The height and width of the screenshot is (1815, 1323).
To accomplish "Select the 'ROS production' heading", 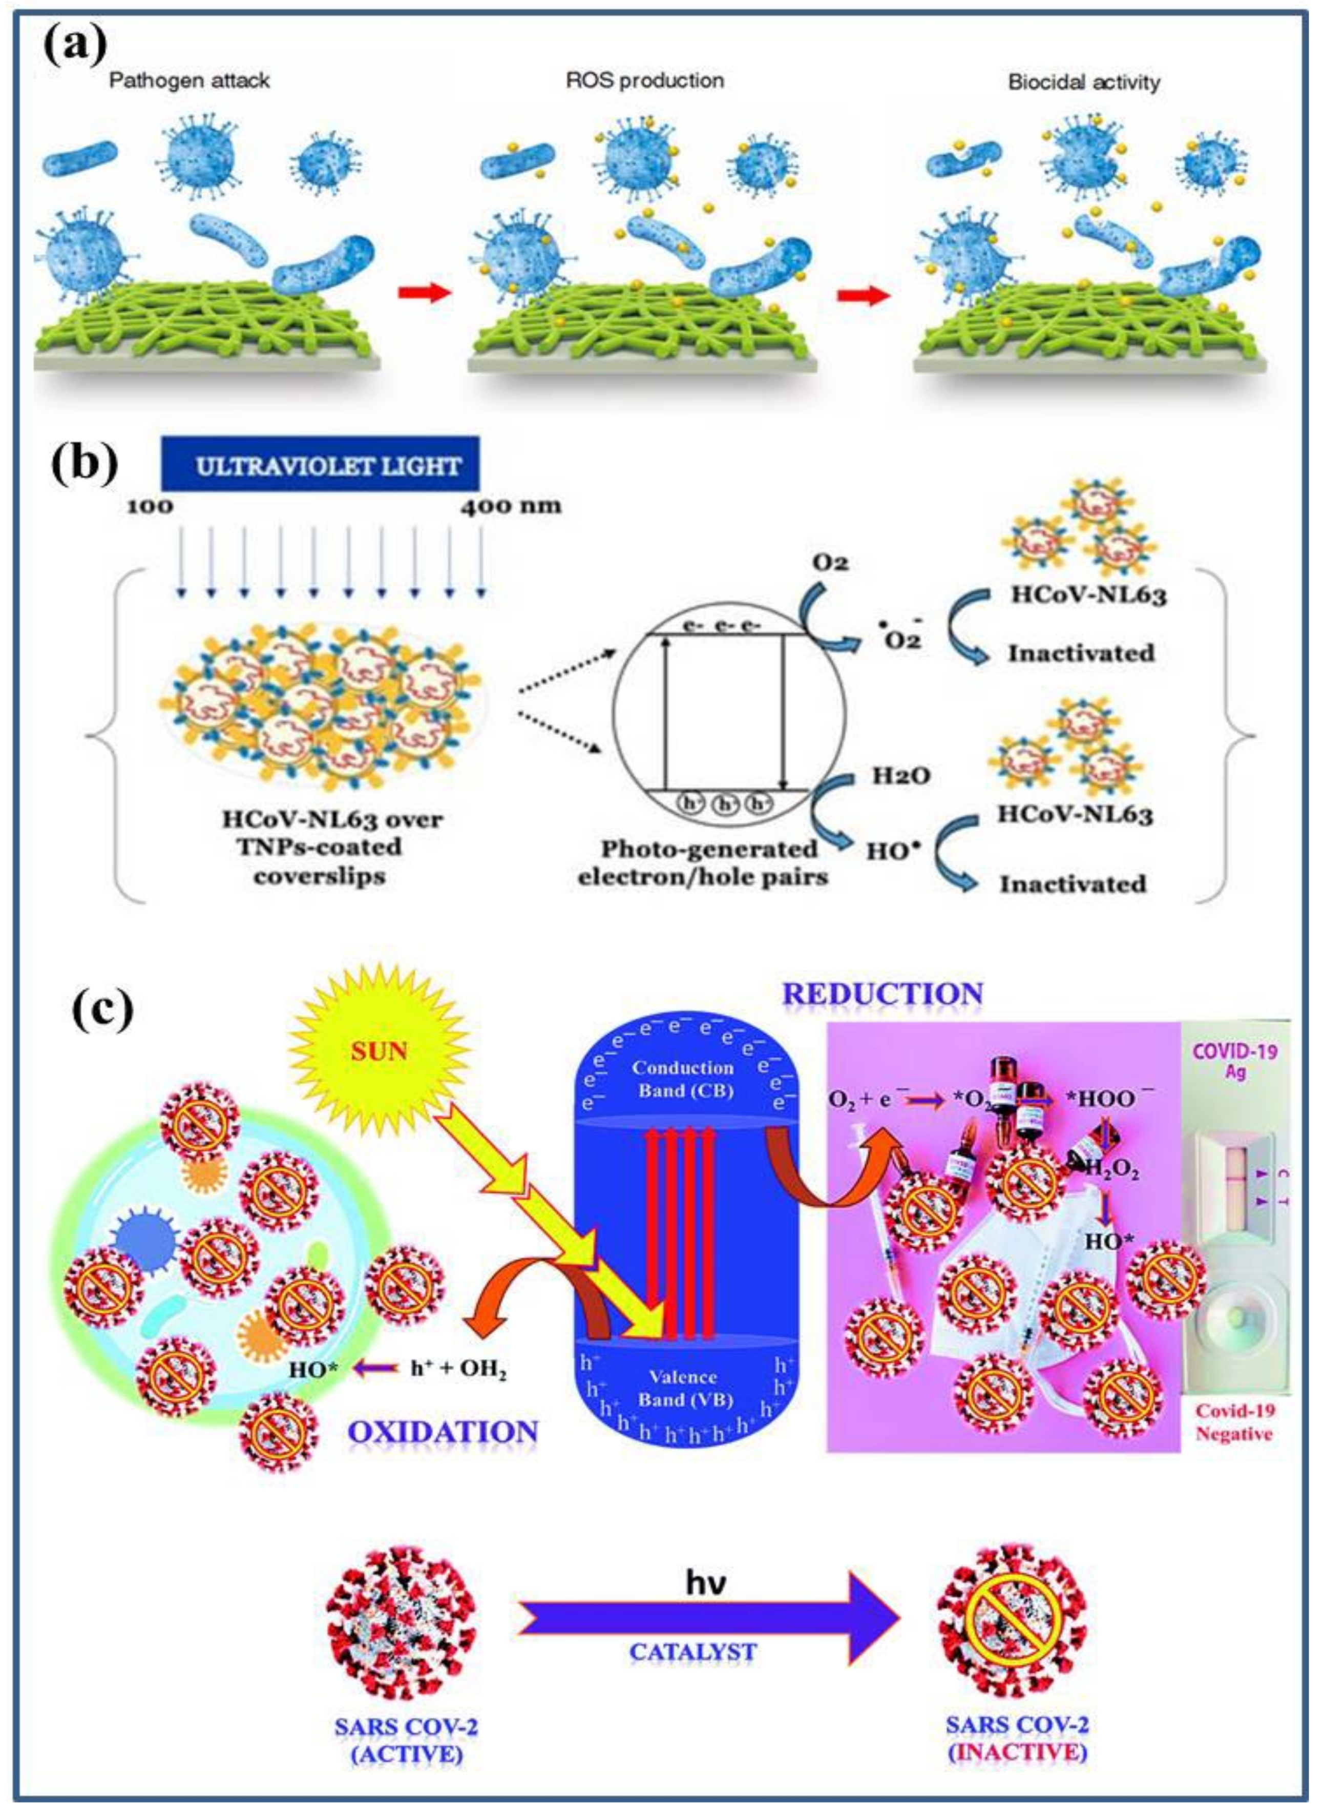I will point(645,81).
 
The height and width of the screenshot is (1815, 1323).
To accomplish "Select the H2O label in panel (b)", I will point(902,775).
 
